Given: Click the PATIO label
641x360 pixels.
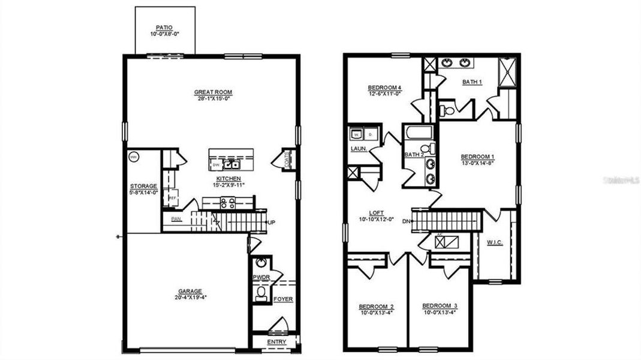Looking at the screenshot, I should click(165, 28).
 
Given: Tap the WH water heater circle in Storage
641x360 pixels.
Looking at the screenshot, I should click(134, 157).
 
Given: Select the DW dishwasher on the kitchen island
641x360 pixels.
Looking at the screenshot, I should click(215, 165).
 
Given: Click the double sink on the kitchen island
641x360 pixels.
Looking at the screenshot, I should click(231, 164).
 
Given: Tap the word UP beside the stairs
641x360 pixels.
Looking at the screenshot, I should click(271, 223).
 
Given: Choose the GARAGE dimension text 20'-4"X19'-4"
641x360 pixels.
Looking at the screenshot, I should click(189, 296).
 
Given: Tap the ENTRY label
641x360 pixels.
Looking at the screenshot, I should click(276, 342).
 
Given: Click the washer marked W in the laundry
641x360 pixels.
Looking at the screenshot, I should click(355, 134).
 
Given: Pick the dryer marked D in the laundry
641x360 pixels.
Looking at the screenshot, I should click(370, 134).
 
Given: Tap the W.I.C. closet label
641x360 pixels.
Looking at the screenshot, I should click(495, 243).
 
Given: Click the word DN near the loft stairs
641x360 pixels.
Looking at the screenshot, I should click(407, 221).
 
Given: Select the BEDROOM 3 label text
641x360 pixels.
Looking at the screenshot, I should click(440, 305).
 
